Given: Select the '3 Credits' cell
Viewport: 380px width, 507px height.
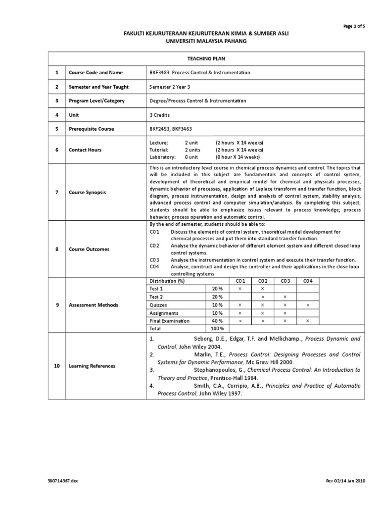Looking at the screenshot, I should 159,115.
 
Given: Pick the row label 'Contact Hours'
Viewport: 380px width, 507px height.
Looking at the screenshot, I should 84,150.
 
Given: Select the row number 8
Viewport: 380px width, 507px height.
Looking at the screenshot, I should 57,249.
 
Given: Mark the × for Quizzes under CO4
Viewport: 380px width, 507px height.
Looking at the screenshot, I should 308,305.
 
